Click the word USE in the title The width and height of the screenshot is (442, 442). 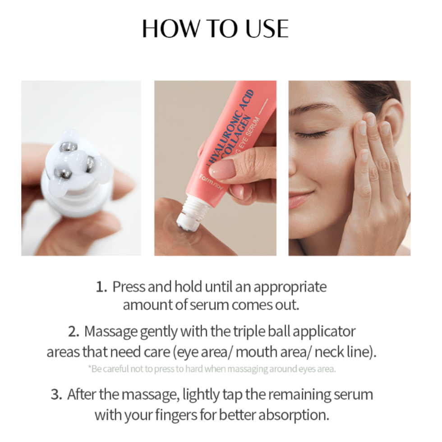tap(267, 28)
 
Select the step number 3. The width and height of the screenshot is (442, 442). tap(56, 395)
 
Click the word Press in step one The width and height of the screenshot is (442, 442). tap(129, 287)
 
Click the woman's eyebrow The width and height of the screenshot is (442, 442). tap(308, 108)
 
